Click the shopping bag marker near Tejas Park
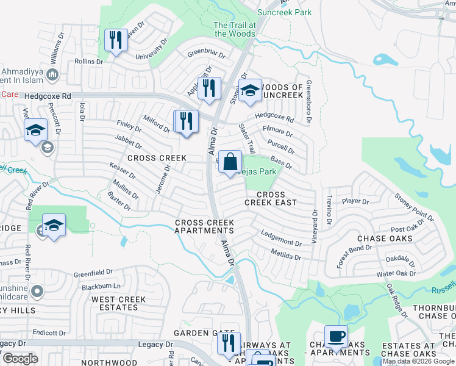coord(230,163)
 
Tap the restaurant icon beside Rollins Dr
coord(114,41)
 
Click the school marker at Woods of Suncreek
coord(249,91)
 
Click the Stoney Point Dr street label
coord(414,206)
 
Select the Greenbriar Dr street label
coord(206,54)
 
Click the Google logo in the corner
coord(20,359)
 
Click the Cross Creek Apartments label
coord(204,226)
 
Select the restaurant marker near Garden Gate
coord(229,343)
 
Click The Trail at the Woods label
coord(234,29)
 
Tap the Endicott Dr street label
coord(49,332)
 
